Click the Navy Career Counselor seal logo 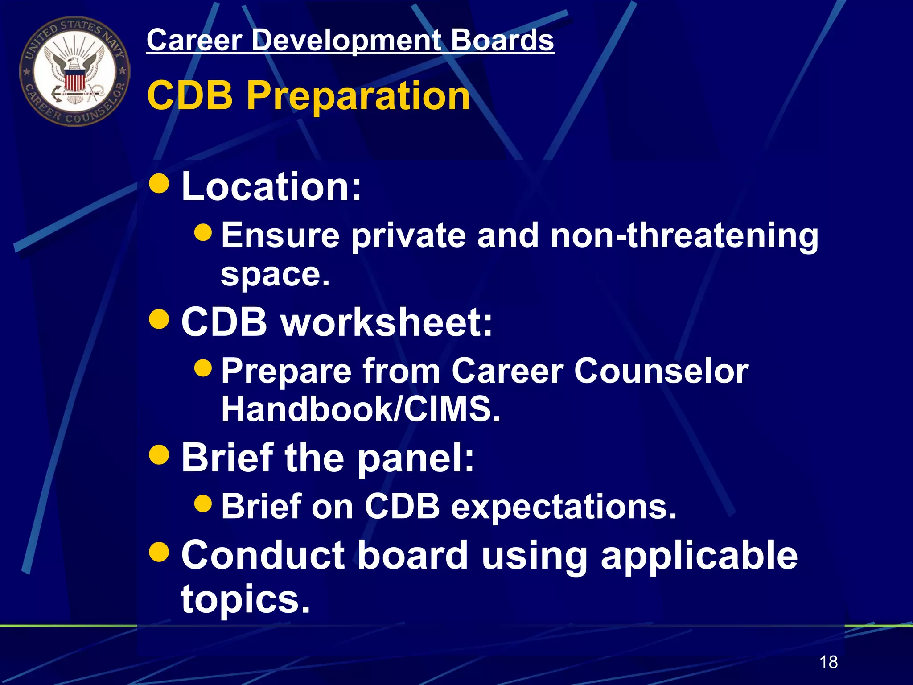tap(74, 71)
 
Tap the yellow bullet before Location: tap(159, 183)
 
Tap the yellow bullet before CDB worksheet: tap(159, 319)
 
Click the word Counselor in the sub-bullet tap(661, 371)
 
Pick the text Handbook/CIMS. tap(361, 409)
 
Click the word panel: tap(415, 459)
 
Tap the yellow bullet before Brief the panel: tap(159, 454)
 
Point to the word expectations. tap(563, 508)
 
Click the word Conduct tap(263, 556)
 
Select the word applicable tap(699, 557)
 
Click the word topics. tap(245, 598)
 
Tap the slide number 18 tap(828, 662)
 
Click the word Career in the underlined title tap(194, 40)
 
